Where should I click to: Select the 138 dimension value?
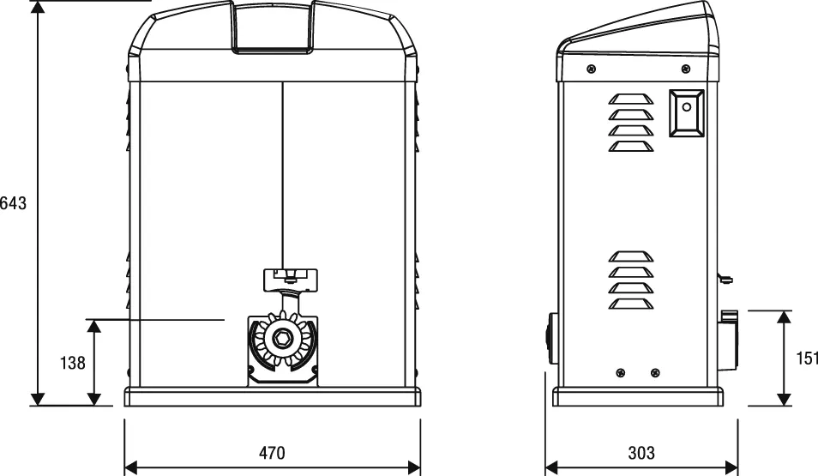coord(73,363)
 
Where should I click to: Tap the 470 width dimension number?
coord(272,453)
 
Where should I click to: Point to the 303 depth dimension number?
coord(641,453)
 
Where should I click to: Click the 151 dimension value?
coord(806,359)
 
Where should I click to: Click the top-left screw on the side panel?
coord(591,69)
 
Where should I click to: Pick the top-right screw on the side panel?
coord(684,69)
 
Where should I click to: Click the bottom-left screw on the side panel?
coord(621,371)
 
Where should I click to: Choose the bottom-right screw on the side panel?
coord(655,371)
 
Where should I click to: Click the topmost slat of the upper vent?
coord(630,98)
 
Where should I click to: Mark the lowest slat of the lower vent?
coord(630,304)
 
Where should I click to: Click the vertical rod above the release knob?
coord(281,172)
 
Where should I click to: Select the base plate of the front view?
coord(273,397)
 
